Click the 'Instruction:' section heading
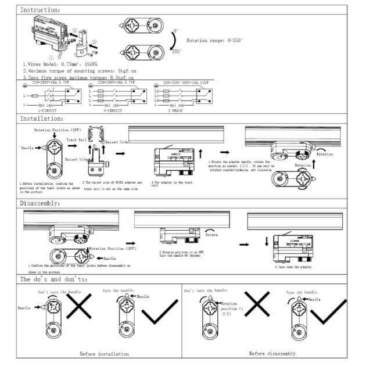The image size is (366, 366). [40, 10]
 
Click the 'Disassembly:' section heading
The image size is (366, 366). [40, 203]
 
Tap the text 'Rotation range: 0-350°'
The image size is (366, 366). [214, 41]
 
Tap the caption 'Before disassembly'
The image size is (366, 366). [272, 353]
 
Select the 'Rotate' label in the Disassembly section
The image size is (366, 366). [211, 235]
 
